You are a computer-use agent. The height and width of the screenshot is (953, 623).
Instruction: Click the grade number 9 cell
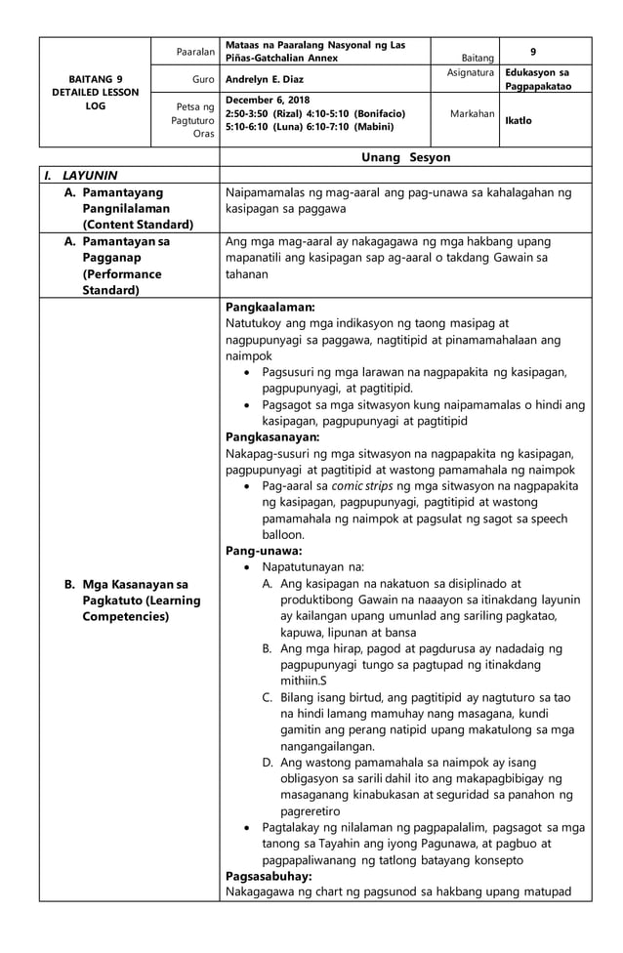(x=532, y=50)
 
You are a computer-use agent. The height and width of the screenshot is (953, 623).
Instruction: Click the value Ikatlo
(x=519, y=121)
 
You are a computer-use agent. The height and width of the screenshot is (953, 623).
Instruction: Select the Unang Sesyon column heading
(x=405, y=157)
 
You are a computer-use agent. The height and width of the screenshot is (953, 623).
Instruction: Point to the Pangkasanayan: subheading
(x=272, y=436)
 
